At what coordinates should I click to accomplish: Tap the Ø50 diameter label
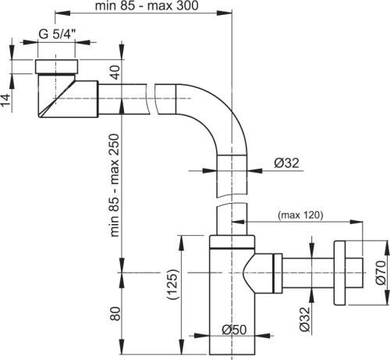click(232, 329)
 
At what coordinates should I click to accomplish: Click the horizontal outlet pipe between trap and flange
click(308, 273)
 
